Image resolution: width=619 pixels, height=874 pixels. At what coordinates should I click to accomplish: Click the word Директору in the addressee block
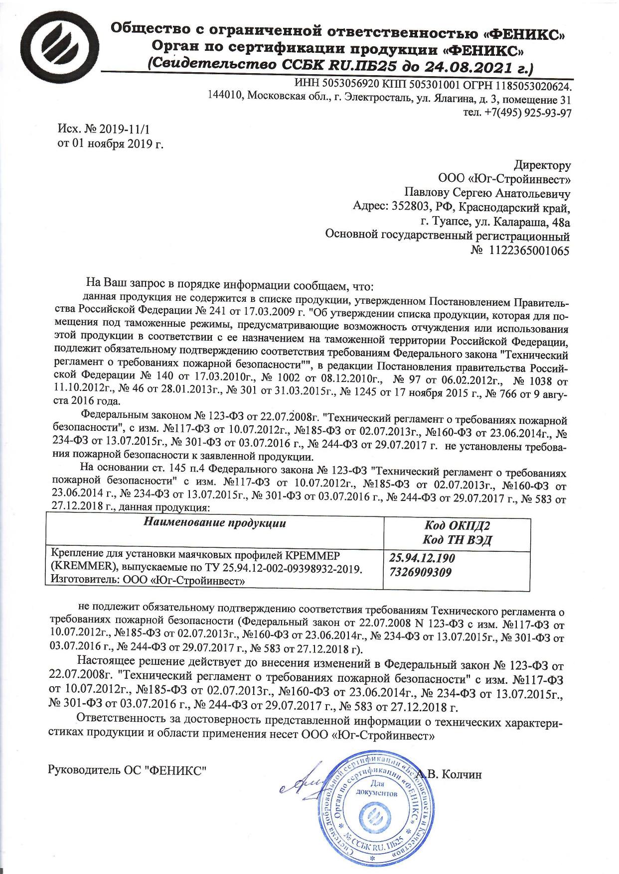542,165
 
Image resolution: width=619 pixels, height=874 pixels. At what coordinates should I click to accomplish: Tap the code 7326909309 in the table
420,573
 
